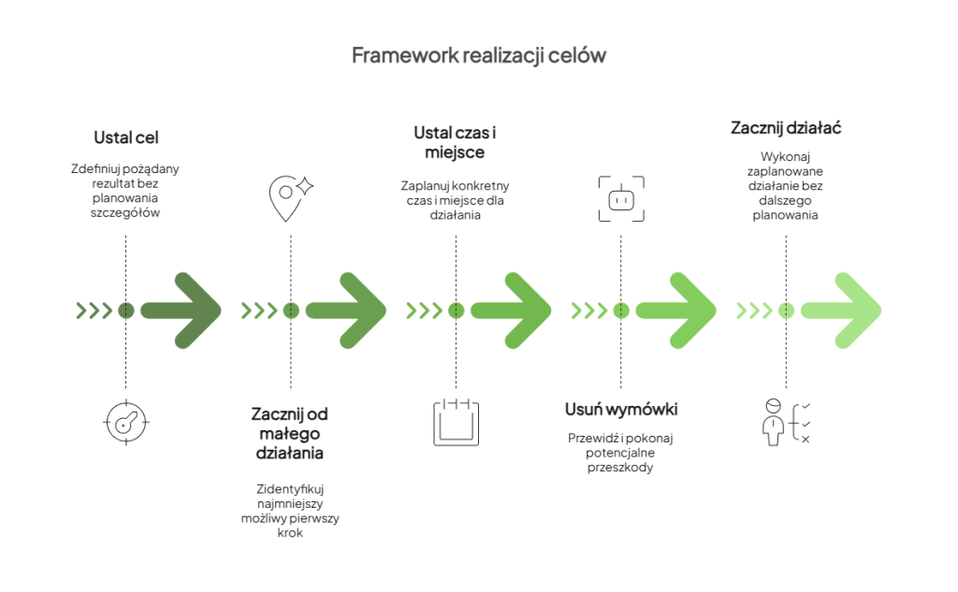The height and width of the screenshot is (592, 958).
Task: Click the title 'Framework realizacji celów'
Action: (x=478, y=55)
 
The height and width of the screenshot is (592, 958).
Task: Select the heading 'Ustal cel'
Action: (x=126, y=137)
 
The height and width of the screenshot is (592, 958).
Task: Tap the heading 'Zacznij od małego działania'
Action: (x=290, y=433)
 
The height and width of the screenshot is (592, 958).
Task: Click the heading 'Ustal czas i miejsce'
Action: (x=456, y=142)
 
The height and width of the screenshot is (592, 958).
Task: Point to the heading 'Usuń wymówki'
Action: (x=621, y=410)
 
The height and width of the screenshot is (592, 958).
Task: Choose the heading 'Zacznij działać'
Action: (x=786, y=127)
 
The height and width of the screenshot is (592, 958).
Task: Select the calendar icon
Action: (x=456, y=421)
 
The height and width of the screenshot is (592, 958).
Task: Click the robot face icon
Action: (x=621, y=198)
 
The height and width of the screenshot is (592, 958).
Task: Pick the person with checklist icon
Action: (x=786, y=421)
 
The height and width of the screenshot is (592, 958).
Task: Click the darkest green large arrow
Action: (x=182, y=310)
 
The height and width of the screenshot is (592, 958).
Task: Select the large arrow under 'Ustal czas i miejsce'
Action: (x=513, y=310)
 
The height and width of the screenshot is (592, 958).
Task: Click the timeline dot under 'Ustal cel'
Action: (x=126, y=310)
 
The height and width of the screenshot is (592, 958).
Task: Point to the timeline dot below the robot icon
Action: (x=621, y=310)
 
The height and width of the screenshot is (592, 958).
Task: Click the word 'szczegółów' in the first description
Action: (x=126, y=213)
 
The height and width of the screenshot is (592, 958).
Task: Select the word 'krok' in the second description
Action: (x=290, y=533)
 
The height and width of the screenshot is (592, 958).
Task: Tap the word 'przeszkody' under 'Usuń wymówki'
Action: (x=621, y=468)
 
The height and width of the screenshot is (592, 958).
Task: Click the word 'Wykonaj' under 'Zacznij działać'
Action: (x=786, y=158)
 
